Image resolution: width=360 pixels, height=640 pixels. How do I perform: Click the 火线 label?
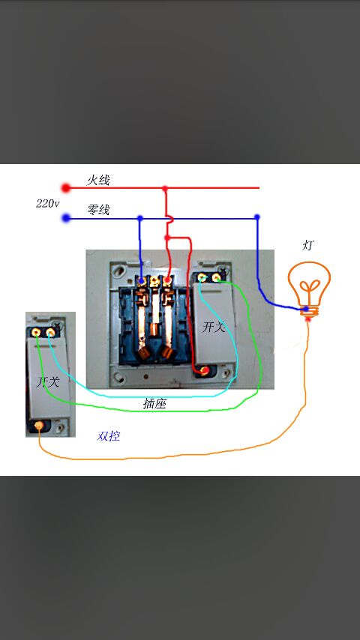[x=98, y=180]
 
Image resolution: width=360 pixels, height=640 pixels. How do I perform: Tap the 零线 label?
[x=98, y=210]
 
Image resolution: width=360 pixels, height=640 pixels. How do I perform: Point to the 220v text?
[x=47, y=203]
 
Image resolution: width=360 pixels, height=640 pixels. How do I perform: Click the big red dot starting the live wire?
[x=66, y=188]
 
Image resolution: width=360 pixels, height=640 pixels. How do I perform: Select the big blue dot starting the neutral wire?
[x=66, y=218]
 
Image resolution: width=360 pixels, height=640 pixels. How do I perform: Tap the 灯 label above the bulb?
[x=308, y=245]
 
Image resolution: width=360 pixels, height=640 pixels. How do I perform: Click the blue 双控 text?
[x=108, y=436]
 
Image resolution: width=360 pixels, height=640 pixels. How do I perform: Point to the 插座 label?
[x=154, y=404]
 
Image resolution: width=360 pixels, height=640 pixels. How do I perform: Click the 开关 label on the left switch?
[x=48, y=382]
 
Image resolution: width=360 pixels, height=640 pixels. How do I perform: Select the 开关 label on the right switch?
[x=214, y=327]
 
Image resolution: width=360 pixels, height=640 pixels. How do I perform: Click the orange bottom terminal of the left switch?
[x=39, y=426]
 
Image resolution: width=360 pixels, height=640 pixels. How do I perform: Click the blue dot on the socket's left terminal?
[x=142, y=281]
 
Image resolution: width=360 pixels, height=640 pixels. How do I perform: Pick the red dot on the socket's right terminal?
[x=166, y=280]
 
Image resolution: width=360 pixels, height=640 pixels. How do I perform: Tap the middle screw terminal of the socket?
[x=154, y=280]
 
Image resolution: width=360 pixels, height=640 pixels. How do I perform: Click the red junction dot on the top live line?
[x=165, y=189]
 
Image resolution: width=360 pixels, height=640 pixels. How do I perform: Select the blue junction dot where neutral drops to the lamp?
[x=256, y=217]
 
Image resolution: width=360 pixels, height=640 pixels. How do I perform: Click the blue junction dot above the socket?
[x=140, y=218]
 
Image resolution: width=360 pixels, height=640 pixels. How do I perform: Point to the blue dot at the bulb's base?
[x=306, y=310]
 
